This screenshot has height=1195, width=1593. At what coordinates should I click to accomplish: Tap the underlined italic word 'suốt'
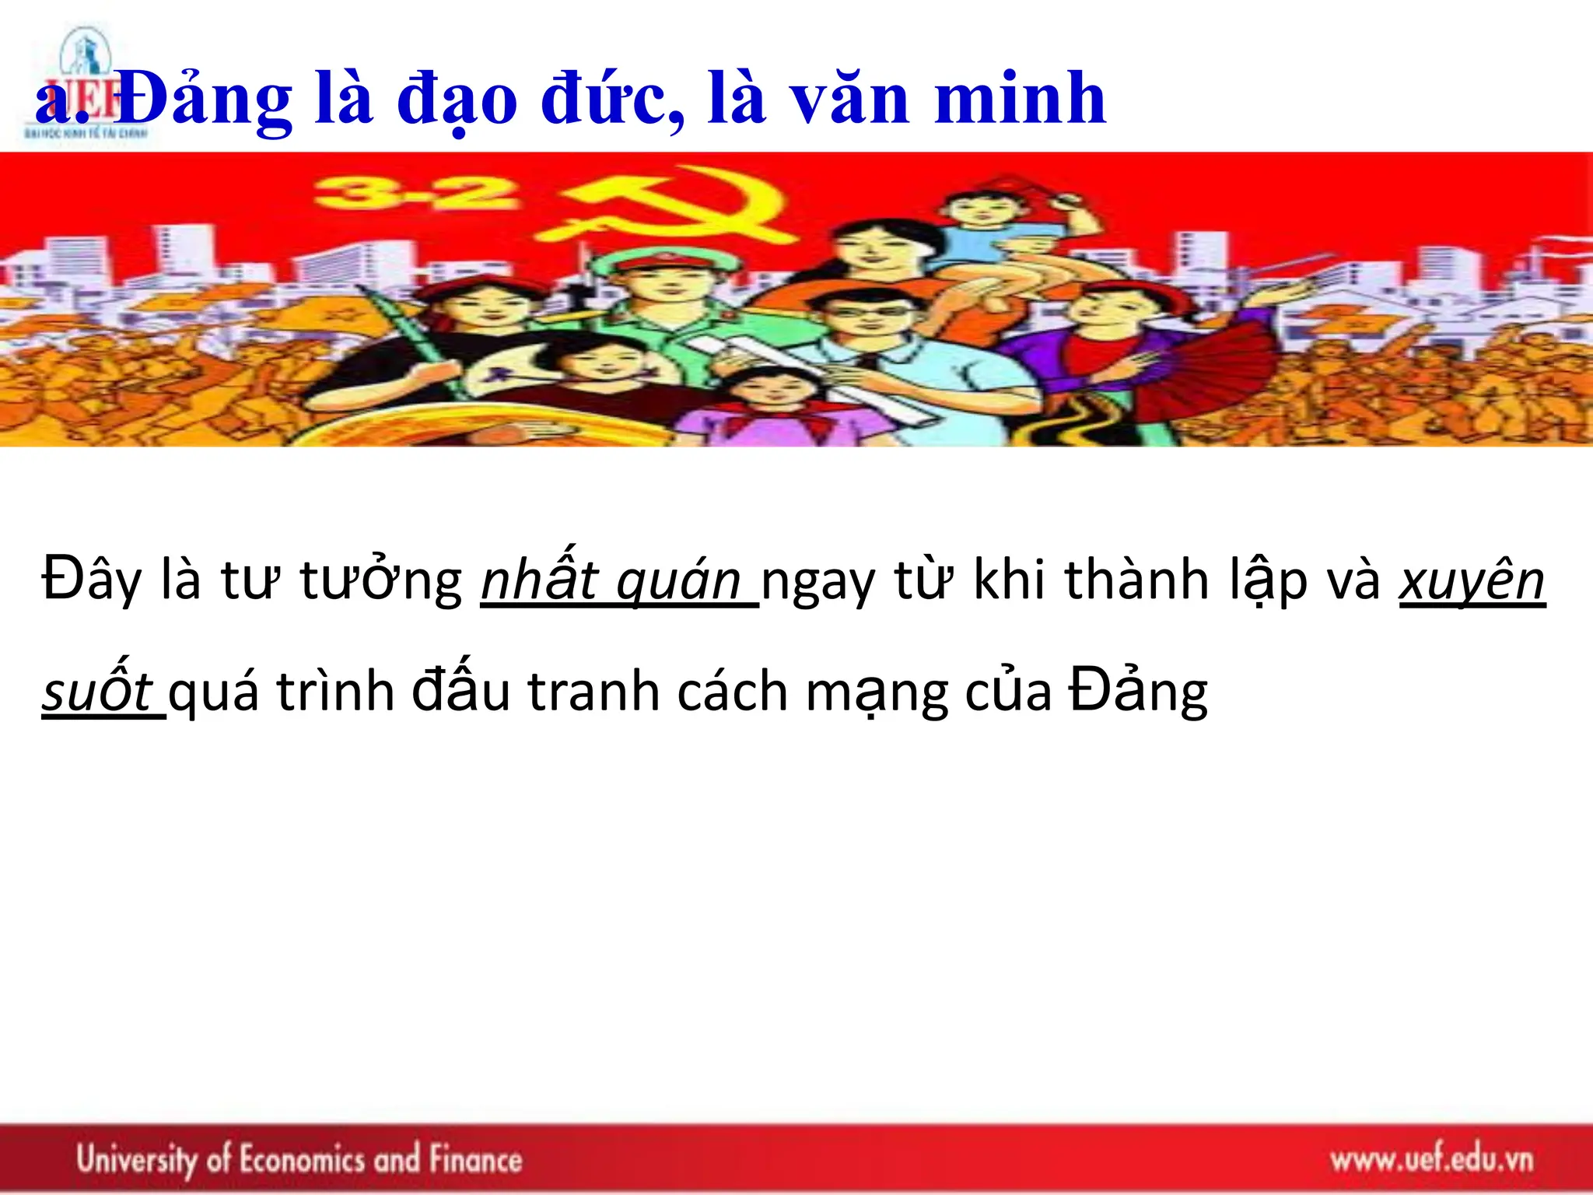(x=97, y=691)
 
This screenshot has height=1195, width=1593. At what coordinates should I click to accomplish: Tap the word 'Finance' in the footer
(x=475, y=1160)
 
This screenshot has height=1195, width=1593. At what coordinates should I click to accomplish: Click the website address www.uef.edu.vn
(x=1431, y=1160)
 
